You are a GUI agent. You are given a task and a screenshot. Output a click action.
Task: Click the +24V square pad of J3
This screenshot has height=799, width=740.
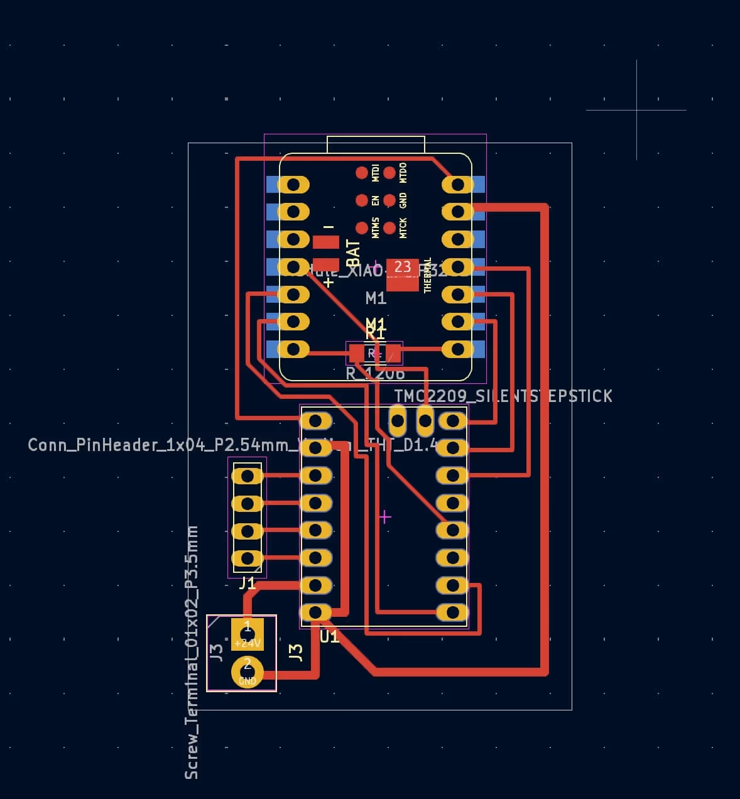pos(248,634)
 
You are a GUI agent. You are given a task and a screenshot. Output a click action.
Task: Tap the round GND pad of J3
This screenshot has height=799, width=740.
pos(248,671)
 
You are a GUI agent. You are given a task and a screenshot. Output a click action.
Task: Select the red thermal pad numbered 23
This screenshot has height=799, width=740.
pos(403,274)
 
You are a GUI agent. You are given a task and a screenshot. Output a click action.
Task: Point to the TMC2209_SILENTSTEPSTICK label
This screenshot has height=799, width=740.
pos(503,396)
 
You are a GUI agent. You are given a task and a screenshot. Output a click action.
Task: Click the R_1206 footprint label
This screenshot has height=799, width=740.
pos(375,374)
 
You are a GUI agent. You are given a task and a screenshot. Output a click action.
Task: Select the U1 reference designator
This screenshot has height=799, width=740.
pos(330,636)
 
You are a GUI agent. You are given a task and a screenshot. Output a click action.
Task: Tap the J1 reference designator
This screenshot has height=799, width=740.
pos(248,584)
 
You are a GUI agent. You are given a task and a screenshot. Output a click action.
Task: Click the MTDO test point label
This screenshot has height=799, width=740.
pos(403,173)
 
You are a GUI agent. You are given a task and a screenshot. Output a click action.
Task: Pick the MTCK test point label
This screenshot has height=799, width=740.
pos(403,228)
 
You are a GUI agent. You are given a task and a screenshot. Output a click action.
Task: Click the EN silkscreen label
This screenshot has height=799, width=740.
pos(376,200)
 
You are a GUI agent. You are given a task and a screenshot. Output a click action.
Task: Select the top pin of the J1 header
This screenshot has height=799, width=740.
pos(248,476)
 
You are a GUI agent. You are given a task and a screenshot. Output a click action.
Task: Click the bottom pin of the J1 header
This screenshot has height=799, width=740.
pos(248,558)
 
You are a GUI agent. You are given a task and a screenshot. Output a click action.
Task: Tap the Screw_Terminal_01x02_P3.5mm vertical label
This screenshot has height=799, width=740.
pos(192,653)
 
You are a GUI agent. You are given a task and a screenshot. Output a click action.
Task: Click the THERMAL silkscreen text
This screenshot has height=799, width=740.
pos(428,275)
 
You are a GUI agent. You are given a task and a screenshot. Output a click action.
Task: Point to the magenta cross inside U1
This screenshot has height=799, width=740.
pos(385,517)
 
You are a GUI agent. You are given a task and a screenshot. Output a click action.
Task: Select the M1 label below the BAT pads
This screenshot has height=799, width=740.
pos(376,298)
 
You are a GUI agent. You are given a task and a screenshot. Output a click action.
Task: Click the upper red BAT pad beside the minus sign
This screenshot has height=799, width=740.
pos(326,242)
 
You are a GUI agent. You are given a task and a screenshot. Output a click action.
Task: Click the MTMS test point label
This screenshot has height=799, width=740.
pos(376,228)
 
